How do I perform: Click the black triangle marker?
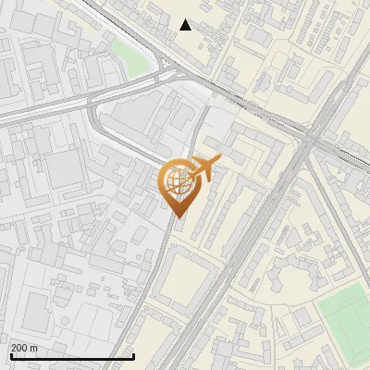(186, 25)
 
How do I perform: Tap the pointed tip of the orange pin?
(178, 216)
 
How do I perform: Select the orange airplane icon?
(205, 167)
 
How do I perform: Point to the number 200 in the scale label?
(19, 348)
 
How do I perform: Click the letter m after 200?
(33, 348)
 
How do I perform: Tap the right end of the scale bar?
(134, 356)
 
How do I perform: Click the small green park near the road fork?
(130, 57)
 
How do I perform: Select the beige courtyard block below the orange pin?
(190, 281)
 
